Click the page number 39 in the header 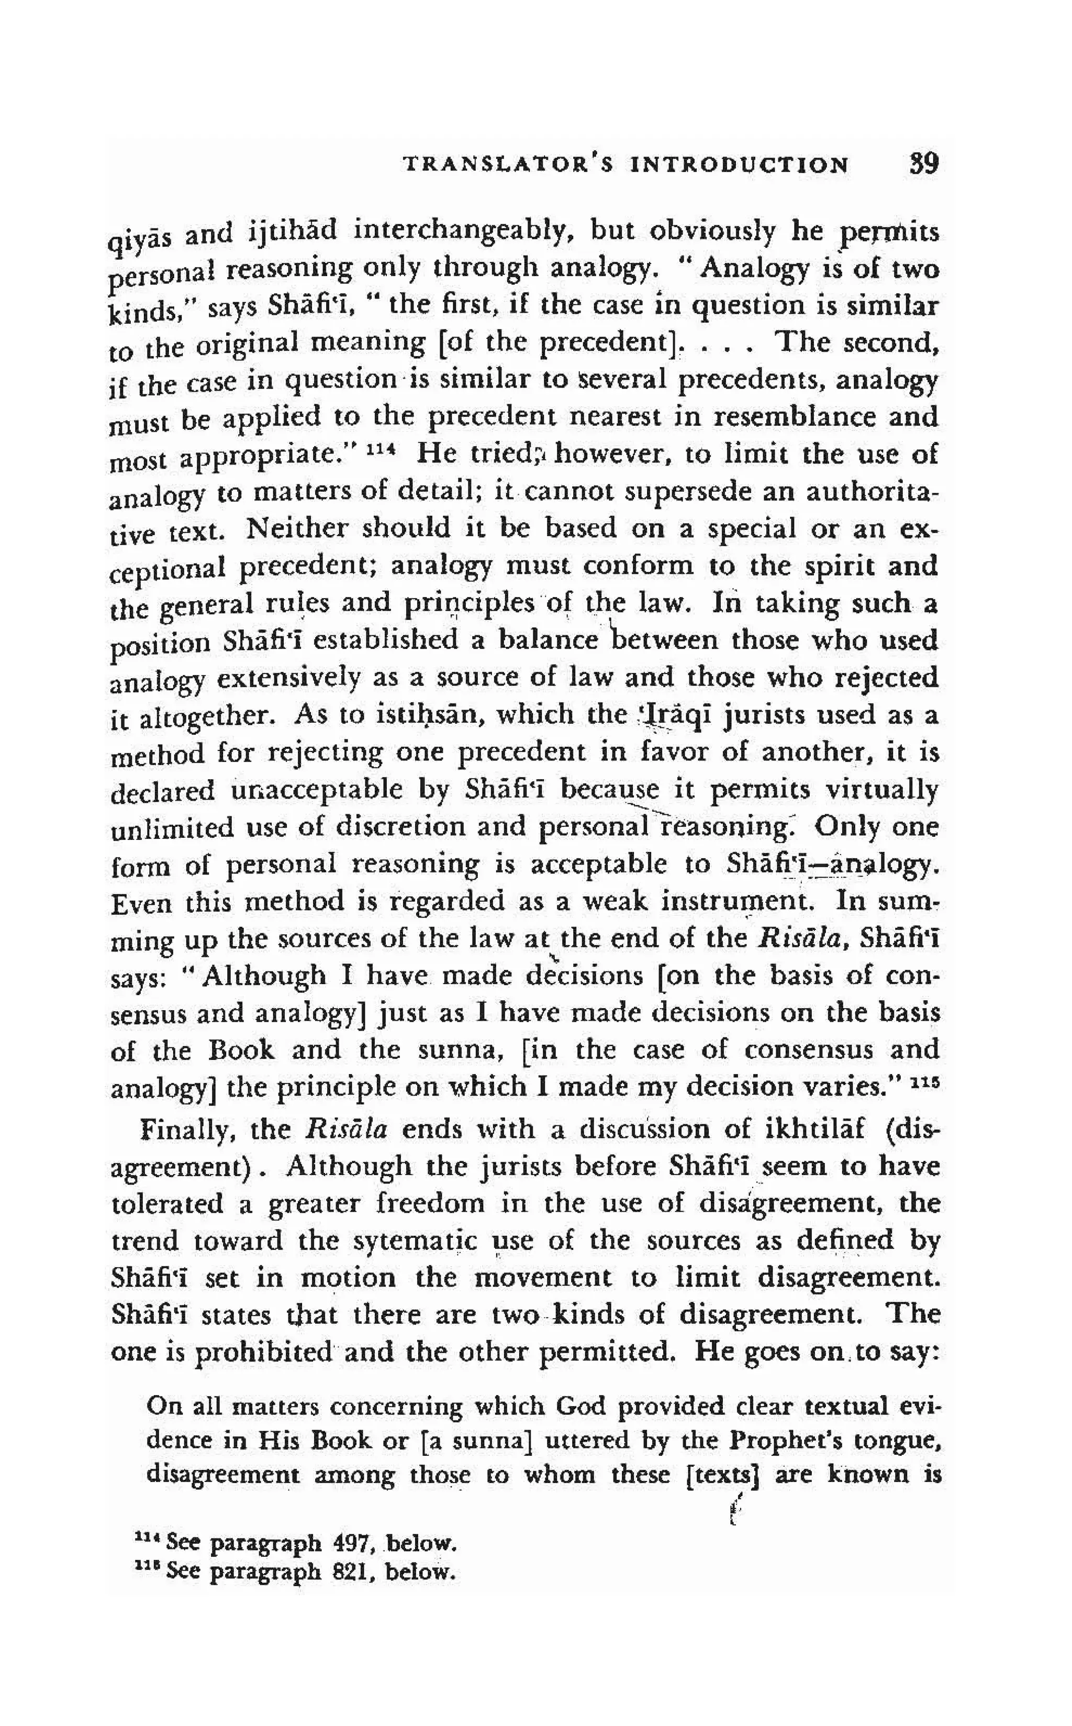(x=923, y=164)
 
